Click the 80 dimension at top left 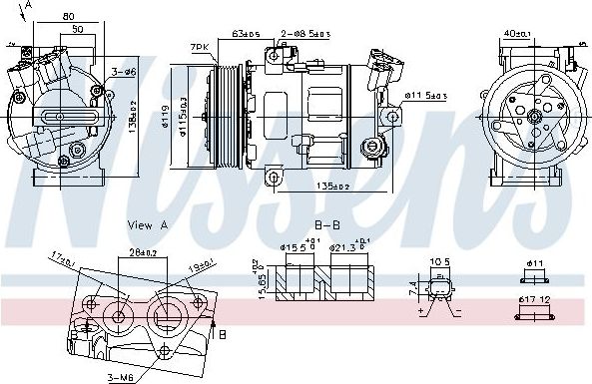click(x=67, y=16)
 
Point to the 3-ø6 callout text click(x=124, y=71)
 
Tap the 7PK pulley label click(x=201, y=47)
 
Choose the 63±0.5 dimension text click(x=246, y=34)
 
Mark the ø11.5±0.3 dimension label click(x=425, y=96)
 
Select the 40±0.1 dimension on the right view click(x=516, y=33)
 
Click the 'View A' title click(x=148, y=225)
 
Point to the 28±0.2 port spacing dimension click(x=142, y=252)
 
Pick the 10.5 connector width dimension click(x=438, y=264)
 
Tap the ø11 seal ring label click(x=535, y=264)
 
